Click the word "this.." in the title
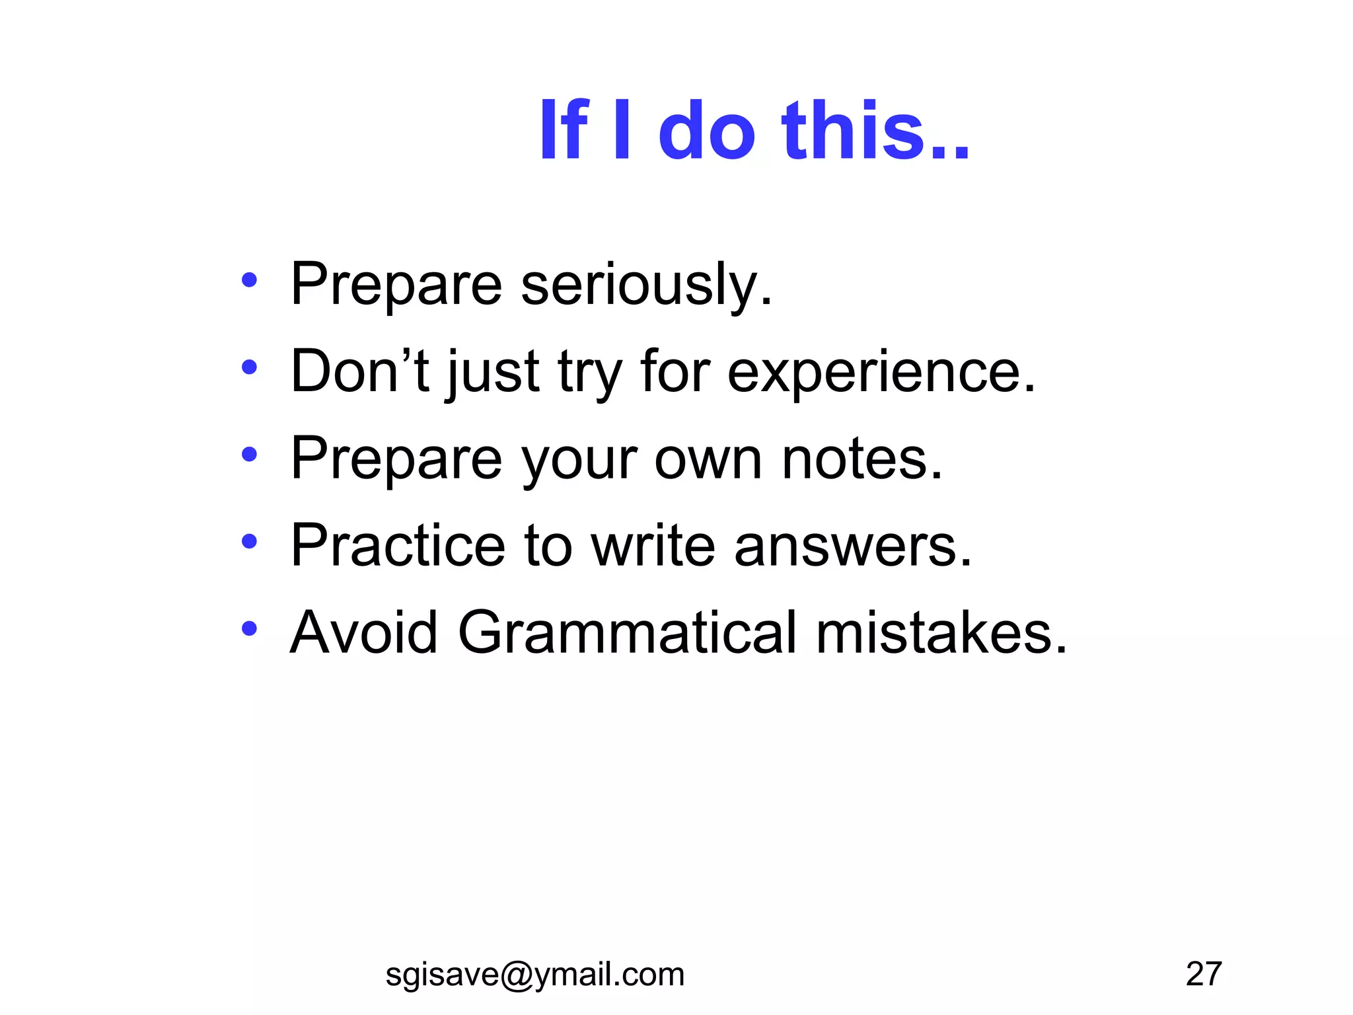[x=875, y=130]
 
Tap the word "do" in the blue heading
[x=706, y=130]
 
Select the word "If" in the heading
[x=564, y=130]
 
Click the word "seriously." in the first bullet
[x=646, y=285]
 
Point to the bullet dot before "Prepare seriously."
[x=249, y=280]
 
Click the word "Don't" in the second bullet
[x=360, y=371]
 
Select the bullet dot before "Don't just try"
[x=249, y=367]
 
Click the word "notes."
[x=862, y=459]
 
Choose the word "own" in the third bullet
[x=708, y=460]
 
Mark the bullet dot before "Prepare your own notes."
[x=249, y=455]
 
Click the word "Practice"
[x=398, y=546]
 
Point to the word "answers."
[x=853, y=547]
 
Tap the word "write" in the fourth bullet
[x=653, y=546]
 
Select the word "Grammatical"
[x=627, y=633]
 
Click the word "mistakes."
[x=941, y=633]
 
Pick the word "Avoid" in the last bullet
[x=364, y=633]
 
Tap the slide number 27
[x=1204, y=974]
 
